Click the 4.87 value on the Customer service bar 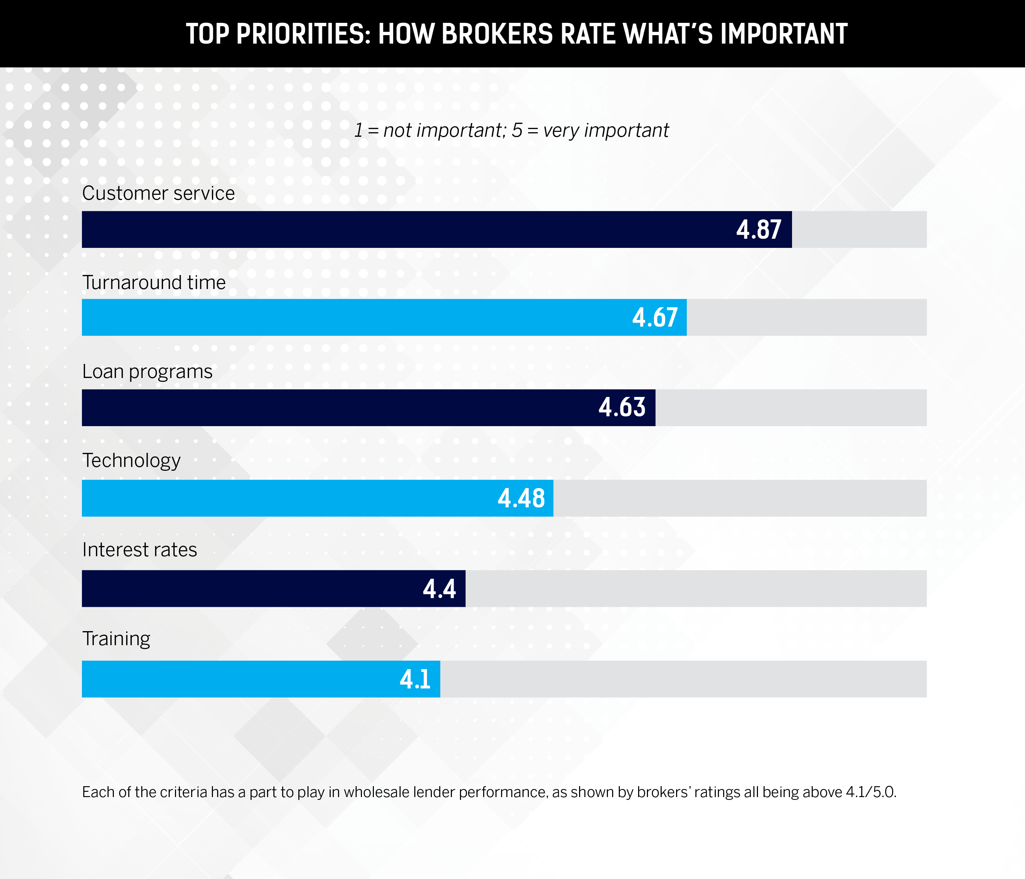[758, 230]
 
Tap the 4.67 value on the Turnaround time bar [655, 317]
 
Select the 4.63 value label [622, 408]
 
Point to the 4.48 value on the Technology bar [521, 498]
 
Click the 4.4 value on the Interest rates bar [439, 589]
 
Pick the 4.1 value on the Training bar [415, 679]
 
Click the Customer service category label [158, 193]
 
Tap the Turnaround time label [154, 283]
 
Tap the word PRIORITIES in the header [303, 34]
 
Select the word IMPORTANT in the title [784, 34]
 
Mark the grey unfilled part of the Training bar [683, 679]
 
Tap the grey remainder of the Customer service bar [859, 230]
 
